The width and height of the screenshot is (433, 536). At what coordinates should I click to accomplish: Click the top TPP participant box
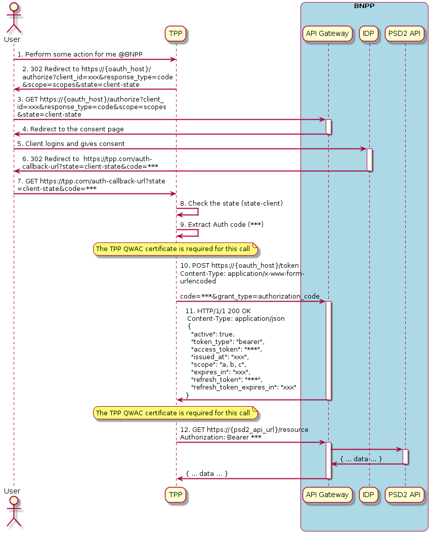coord(176,33)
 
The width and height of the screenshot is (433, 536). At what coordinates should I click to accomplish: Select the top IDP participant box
coord(369,33)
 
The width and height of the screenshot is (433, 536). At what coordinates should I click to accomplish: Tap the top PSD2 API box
coord(405,33)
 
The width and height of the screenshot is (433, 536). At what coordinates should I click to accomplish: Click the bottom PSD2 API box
coord(405,495)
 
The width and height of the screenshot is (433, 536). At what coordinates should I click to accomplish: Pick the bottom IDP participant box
coord(369,495)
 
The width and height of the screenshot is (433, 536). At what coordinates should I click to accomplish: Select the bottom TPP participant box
coord(176,495)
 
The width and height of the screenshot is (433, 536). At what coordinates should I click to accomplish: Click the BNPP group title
coord(364,7)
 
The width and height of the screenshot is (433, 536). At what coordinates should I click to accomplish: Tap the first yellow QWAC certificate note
coord(176,249)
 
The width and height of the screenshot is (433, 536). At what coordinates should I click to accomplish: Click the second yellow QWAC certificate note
coord(176,413)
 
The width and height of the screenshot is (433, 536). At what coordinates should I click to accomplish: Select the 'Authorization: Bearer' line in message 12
coord(221,437)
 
